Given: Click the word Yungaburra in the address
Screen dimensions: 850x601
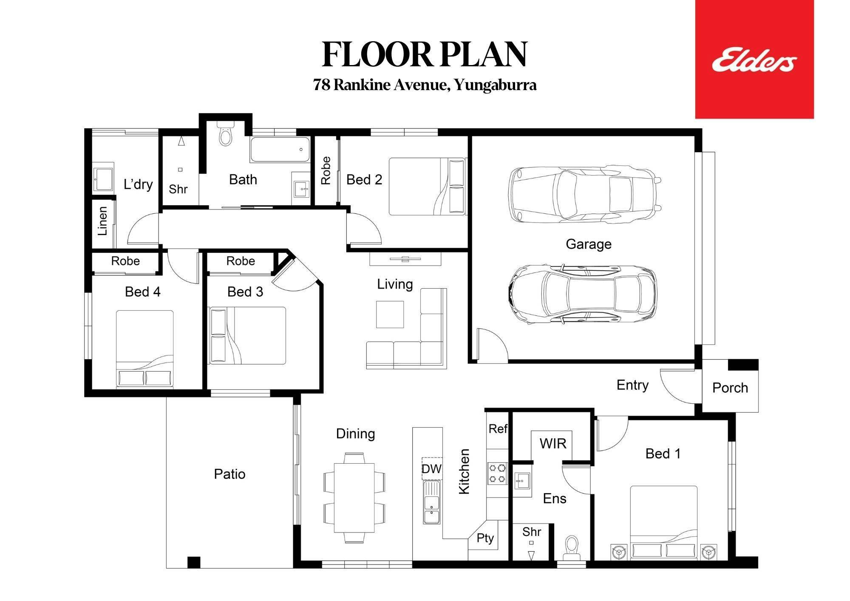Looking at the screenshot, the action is point(495,85).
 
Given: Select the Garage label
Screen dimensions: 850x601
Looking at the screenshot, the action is point(589,244).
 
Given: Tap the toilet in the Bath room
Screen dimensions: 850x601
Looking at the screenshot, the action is point(225,133).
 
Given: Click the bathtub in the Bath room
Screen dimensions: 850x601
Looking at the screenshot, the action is point(280,149).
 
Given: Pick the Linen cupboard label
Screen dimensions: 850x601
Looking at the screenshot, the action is point(102,221).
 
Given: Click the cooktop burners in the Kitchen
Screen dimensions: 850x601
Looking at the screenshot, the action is point(497,473).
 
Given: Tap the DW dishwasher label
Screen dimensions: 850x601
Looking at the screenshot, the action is point(432,469).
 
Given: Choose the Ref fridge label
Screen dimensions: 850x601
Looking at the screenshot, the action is point(498,428).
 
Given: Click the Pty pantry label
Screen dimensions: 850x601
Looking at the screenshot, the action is point(485,539).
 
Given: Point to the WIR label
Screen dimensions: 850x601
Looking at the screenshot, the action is point(553,444).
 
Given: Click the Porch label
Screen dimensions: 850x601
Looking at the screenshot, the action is point(730,388).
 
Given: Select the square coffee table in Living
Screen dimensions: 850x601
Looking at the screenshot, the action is point(390,315).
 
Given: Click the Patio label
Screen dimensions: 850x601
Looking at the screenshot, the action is point(229,474).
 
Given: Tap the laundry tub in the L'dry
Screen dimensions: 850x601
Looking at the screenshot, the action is point(103,179).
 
